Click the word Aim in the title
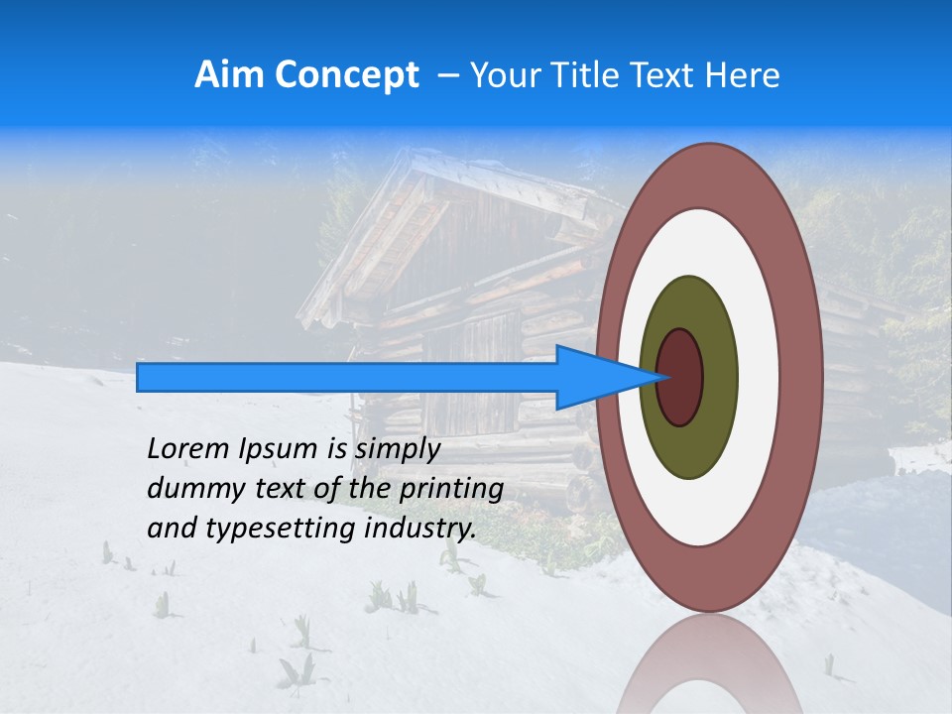tap(229, 75)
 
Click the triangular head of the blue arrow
tap(595, 377)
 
